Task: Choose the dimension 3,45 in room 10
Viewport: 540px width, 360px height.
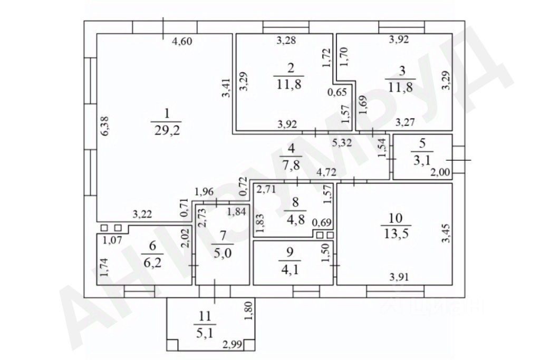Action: (x=446, y=233)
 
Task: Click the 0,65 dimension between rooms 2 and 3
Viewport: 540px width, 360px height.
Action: (x=337, y=93)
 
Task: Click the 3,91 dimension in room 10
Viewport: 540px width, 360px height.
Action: (x=399, y=276)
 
